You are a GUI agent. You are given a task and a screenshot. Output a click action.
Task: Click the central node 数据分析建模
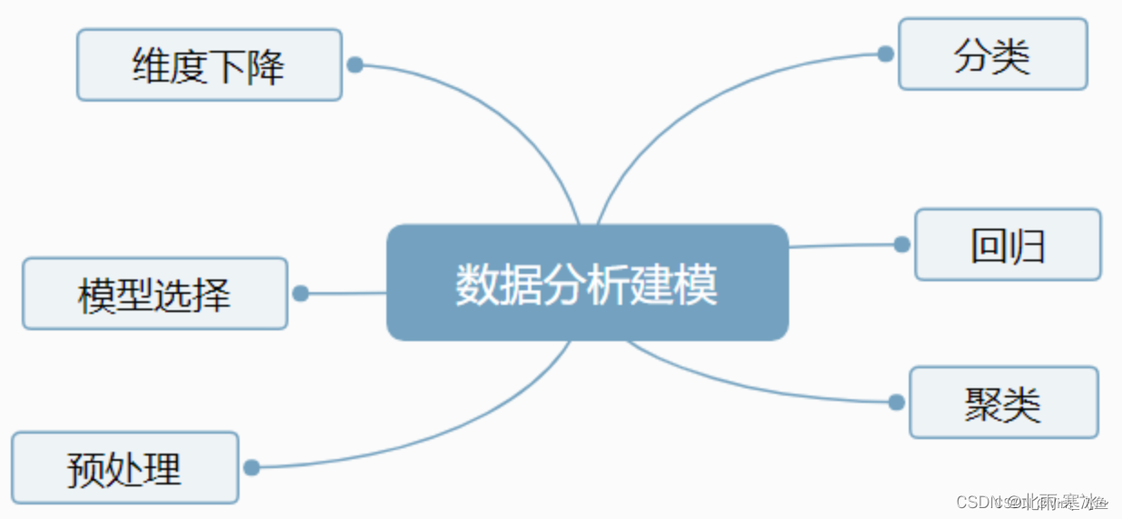587,282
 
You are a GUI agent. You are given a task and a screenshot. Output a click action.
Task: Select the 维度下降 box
209,64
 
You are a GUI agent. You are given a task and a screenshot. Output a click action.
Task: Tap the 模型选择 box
154,293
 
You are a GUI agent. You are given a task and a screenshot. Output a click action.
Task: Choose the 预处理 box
124,467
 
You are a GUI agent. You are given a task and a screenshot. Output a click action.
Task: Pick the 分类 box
992,54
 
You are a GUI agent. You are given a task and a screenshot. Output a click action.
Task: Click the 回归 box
1007,244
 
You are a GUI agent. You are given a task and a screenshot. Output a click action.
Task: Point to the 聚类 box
1002,402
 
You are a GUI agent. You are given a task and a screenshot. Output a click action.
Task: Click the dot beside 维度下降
356,65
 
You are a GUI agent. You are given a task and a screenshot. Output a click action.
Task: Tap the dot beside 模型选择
301,294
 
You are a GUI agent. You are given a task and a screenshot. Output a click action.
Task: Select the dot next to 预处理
252,467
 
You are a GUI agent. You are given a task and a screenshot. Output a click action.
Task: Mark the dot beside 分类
885,54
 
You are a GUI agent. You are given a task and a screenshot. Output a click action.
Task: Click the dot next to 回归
902,244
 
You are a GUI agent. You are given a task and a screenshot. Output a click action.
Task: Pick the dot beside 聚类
896,402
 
